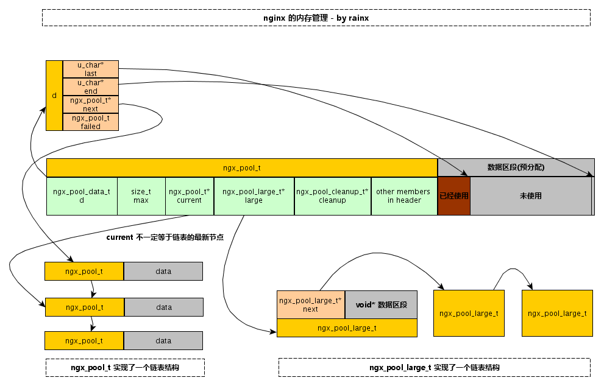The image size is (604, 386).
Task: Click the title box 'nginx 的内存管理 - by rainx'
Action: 316,18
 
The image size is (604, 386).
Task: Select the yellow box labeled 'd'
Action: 54,96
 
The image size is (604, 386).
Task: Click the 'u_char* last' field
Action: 91,69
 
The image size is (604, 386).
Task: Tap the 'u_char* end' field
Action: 91,86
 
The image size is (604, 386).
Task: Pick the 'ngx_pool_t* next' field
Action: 91,104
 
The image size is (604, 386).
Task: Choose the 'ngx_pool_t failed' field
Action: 91,122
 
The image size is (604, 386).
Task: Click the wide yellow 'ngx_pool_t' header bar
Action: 242,167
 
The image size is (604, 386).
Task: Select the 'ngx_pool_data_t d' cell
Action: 82,196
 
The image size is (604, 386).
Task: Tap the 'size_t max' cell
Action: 141,196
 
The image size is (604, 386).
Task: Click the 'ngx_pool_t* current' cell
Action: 190,196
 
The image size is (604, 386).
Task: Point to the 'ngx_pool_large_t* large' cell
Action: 254,196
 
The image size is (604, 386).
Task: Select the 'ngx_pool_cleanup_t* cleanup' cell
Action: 332,196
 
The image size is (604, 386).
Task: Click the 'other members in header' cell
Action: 403,196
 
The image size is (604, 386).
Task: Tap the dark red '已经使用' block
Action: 454,196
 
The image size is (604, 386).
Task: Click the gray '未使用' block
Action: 530,196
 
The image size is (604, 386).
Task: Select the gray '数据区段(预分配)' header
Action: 516,167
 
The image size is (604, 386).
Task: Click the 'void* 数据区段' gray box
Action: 381,304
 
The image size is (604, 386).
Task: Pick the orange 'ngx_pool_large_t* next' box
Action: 311,304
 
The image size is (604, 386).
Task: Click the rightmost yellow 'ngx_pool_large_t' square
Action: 557,313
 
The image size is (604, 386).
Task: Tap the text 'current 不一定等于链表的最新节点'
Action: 165,237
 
